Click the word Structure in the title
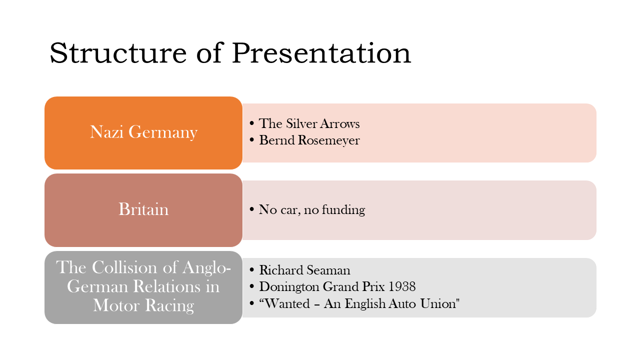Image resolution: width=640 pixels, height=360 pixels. point(118,53)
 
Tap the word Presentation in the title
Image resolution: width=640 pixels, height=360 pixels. point(321,53)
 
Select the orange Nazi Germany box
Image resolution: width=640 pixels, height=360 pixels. point(143,133)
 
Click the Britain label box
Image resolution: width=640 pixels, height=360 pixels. point(143,210)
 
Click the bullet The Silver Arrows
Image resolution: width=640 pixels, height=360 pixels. point(309,123)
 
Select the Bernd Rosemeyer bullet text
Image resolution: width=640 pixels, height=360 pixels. point(309,140)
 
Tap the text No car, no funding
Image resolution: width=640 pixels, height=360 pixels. point(311,209)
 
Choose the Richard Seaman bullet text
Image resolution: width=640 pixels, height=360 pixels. point(304,270)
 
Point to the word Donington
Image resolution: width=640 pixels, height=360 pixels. point(289,287)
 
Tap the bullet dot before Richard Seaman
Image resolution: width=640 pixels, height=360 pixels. point(251,270)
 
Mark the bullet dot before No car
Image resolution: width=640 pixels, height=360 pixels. point(251,209)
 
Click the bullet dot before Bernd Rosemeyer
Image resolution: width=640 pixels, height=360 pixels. point(251,140)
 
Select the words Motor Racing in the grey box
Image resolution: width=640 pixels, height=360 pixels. point(143,305)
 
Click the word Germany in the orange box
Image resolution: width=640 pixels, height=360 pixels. point(163,132)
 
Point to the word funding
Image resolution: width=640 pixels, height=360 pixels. point(343,209)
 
